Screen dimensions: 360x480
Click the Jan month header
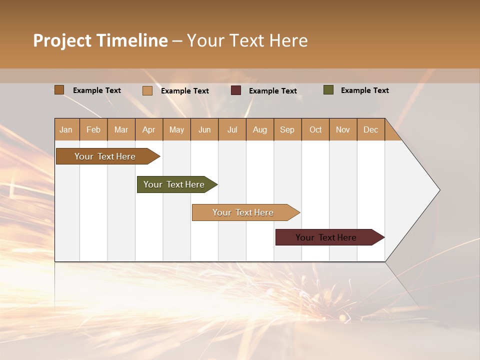[x=66, y=129]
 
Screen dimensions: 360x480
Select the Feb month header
[x=93, y=129]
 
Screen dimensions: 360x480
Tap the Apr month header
[x=148, y=129]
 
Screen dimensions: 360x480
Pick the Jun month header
[x=204, y=129]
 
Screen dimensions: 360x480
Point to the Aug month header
[x=259, y=129]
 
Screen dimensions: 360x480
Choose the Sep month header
[x=287, y=129]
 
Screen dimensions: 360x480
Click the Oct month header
[x=315, y=129]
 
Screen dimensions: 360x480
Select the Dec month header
[x=370, y=129]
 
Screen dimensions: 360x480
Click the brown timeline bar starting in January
[x=105, y=156]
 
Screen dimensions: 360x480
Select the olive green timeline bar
[x=174, y=184]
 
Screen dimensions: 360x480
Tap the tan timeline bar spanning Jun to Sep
[x=243, y=212]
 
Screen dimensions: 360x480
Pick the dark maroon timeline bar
[x=326, y=237]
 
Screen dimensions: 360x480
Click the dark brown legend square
[x=59, y=90]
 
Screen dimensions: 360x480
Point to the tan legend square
[x=147, y=90]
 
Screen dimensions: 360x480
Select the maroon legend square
[x=236, y=90]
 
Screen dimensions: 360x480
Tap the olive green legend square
[x=328, y=90]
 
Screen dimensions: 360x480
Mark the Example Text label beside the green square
[x=364, y=90]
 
